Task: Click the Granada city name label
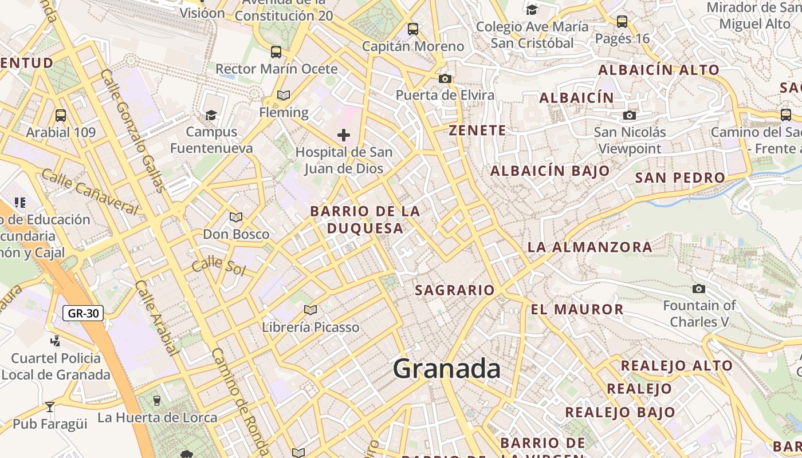tap(447, 369)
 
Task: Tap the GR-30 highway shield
tap(82, 313)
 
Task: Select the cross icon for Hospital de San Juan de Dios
tap(344, 135)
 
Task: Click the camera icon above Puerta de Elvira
tap(445, 78)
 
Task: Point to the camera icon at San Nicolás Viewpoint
tap(630, 116)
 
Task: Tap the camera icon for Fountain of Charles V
tap(699, 289)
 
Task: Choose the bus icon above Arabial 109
tap(61, 116)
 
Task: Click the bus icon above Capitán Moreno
tap(413, 29)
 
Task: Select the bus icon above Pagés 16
tap(622, 22)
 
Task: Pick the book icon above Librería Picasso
tap(310, 310)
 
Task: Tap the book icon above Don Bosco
tap(236, 217)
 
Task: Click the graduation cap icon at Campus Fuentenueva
tap(211, 115)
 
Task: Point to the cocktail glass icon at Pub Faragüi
tap(50, 407)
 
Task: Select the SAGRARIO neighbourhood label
tap(454, 290)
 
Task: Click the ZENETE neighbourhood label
tap(477, 131)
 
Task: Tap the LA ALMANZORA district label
tap(589, 247)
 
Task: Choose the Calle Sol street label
tap(218, 266)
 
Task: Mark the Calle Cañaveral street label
tap(91, 192)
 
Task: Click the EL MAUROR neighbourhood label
tap(577, 310)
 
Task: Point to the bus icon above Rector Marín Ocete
tap(276, 52)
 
